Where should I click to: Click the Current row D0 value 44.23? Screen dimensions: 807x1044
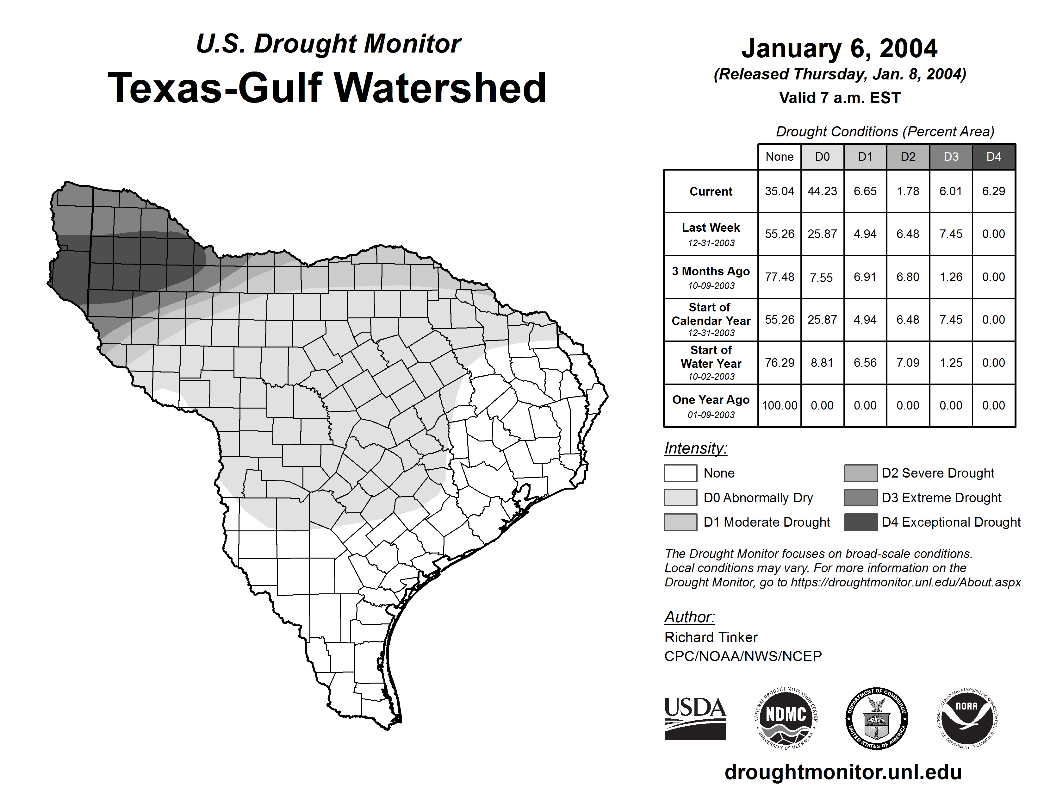coord(822,191)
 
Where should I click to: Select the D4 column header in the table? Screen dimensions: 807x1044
coord(993,157)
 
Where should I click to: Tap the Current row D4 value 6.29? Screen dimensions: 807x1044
coord(993,191)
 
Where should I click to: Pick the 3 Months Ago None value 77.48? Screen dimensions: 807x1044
coord(779,277)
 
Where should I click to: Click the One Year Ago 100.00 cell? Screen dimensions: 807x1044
coord(779,405)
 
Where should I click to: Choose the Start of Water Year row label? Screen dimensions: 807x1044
coord(711,362)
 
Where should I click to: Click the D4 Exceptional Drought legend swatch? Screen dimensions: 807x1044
coord(861,522)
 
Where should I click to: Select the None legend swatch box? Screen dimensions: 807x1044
coord(680,473)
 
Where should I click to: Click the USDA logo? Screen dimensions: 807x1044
coord(695,718)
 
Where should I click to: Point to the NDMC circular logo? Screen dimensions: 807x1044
coord(786,718)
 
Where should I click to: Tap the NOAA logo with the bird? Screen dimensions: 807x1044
coord(966,718)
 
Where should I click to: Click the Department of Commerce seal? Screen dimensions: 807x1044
coord(876,718)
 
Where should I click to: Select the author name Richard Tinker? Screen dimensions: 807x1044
coord(711,637)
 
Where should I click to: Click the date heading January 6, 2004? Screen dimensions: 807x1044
coord(839,49)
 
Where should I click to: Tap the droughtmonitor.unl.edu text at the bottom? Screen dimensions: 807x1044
coord(843,772)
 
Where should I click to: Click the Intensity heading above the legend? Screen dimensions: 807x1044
coord(695,448)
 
